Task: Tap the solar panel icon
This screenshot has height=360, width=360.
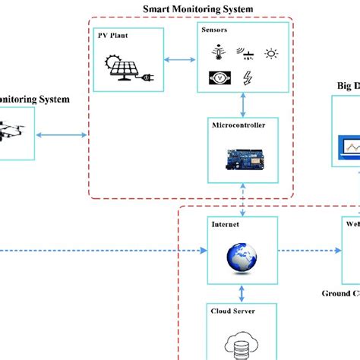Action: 130,66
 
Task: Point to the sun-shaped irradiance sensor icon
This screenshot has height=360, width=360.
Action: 270,53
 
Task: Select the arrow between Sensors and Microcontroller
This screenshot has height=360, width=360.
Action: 243,104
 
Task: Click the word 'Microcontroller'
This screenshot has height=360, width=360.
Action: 240,126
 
